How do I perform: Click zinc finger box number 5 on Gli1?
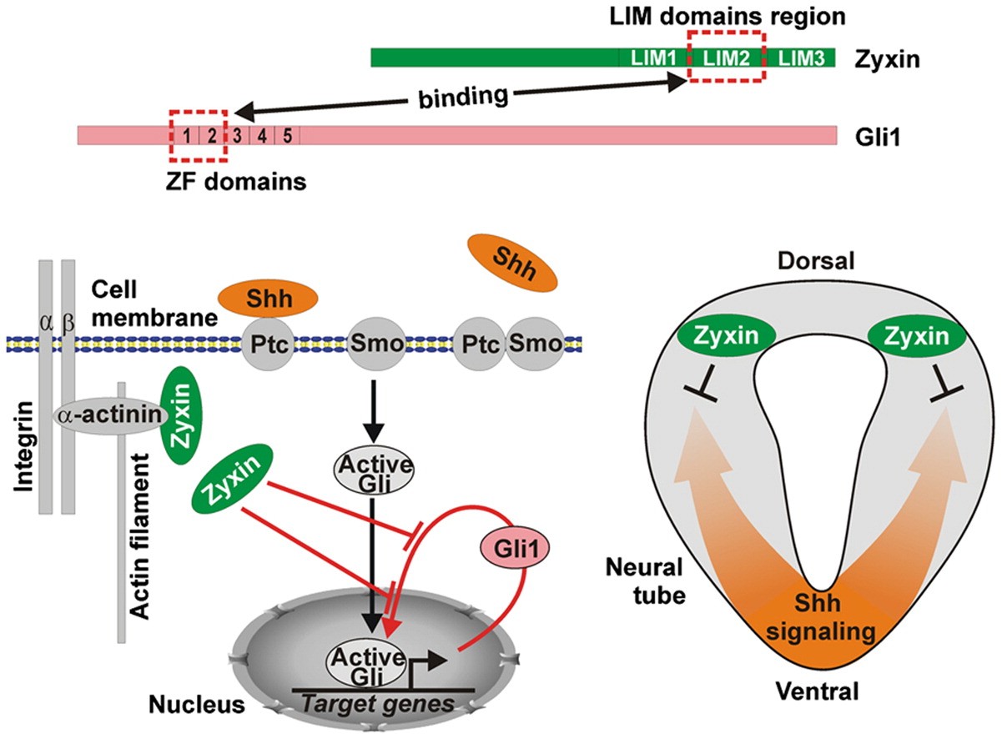(x=286, y=135)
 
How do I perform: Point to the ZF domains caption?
(x=236, y=180)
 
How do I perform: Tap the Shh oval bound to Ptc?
(x=267, y=298)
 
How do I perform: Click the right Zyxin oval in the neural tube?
(x=916, y=337)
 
